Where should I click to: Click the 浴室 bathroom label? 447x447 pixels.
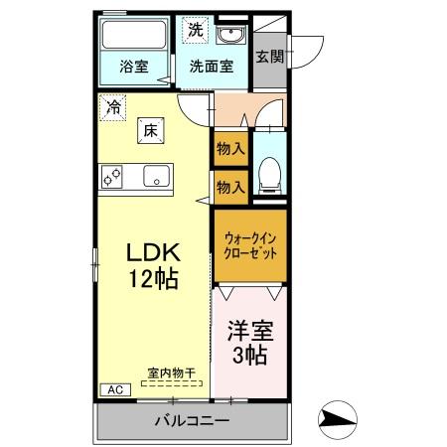coord(134,67)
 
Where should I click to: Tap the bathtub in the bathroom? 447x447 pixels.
coord(134,35)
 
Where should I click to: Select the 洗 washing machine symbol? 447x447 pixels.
coord(196,30)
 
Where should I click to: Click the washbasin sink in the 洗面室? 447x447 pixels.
coord(230,35)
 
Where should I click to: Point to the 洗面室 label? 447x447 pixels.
coord(212,67)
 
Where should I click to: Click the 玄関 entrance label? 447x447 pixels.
coord(270,57)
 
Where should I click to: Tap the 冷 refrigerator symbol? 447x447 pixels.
coord(112,107)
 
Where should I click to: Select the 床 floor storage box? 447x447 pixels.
coord(151,131)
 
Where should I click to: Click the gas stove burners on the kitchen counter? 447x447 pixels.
coord(112,177)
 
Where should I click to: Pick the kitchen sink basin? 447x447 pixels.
coord(156,176)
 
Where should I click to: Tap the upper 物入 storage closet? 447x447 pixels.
coord(231,149)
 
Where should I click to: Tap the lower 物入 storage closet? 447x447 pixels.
coord(231,188)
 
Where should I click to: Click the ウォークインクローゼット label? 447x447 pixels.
coord(250,245)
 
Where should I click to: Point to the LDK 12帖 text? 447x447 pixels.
coord(153,265)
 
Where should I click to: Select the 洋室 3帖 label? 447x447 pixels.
coord(250,343)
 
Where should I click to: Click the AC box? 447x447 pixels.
coord(115,389)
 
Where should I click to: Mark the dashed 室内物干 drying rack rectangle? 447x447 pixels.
coord(172,383)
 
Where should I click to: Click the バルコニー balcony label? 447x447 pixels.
coord(193,421)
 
